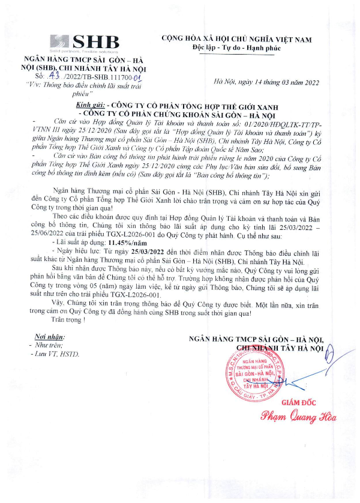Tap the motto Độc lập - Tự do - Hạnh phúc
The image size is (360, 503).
tap(236, 47)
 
